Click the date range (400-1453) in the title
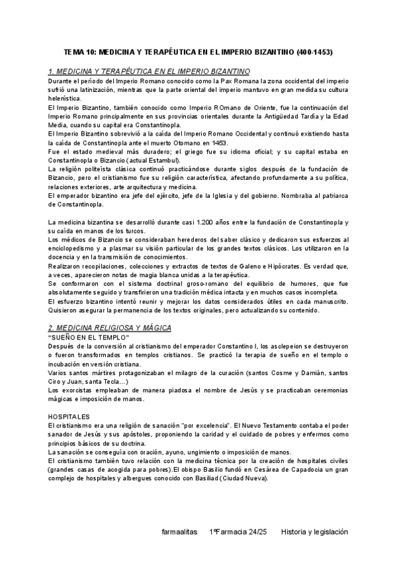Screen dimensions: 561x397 tap(311, 51)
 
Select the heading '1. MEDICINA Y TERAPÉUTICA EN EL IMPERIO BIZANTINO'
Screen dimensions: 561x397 tap(149, 70)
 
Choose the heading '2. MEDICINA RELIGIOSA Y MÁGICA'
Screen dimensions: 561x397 tap(110, 328)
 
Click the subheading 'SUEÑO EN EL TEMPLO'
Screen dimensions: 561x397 tap(89, 337)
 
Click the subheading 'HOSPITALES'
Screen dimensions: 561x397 tap(69, 417)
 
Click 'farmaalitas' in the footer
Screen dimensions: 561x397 tap(179, 531)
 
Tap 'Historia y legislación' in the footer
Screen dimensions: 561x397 tap(314, 531)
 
